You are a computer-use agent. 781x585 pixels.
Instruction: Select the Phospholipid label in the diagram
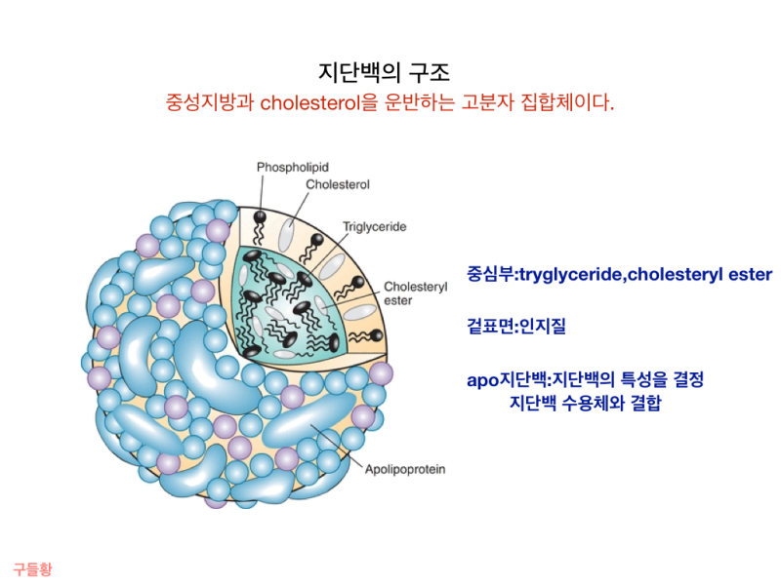294,168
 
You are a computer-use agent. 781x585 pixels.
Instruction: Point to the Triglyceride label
374,227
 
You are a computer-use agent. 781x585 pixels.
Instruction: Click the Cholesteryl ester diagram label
415,293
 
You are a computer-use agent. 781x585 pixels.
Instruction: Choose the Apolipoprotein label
404,469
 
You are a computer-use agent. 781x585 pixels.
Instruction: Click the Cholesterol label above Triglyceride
337,184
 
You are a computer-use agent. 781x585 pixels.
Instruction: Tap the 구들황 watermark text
32,568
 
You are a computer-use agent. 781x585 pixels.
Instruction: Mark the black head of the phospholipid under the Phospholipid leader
261,214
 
